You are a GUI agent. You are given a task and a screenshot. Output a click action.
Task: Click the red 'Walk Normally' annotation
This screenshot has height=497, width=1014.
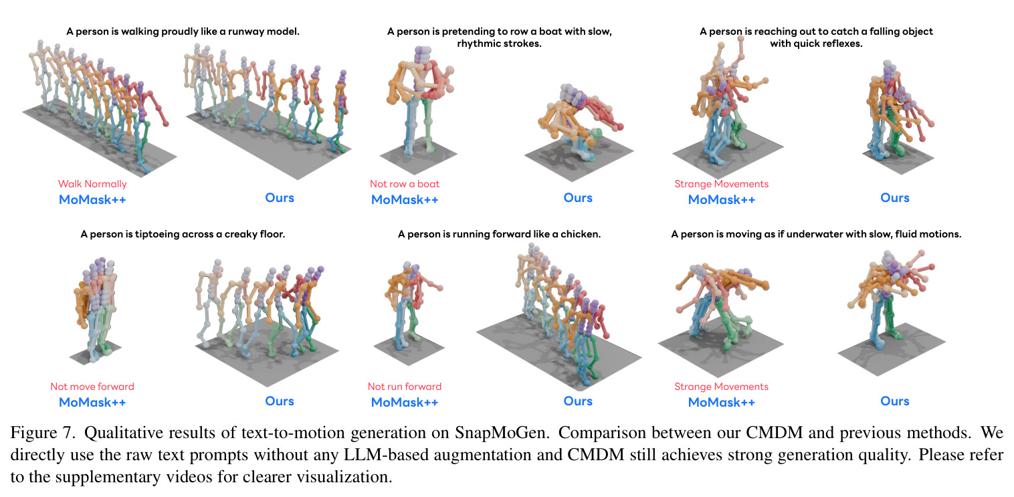tap(92, 184)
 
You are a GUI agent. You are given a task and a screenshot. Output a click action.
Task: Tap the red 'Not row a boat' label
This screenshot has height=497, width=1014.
tap(405, 184)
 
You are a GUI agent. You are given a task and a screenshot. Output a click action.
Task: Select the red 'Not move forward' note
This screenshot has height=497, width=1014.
tap(92, 387)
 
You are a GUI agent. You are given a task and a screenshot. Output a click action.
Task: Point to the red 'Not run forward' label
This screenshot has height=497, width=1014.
tap(405, 387)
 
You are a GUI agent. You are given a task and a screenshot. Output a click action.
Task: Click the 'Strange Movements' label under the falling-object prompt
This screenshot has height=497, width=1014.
tap(722, 184)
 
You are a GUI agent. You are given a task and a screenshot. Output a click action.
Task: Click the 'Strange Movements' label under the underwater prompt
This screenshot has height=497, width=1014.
tap(722, 387)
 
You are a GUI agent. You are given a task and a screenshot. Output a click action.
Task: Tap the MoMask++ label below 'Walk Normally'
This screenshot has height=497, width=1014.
tap(92, 199)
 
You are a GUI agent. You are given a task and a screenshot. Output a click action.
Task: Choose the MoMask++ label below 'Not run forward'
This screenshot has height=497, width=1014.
tap(405, 403)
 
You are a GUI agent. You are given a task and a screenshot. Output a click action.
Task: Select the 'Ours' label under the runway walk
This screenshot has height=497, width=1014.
tap(280, 198)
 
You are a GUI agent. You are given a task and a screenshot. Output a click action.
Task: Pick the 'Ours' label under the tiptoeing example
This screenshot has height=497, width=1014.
tap(280, 401)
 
